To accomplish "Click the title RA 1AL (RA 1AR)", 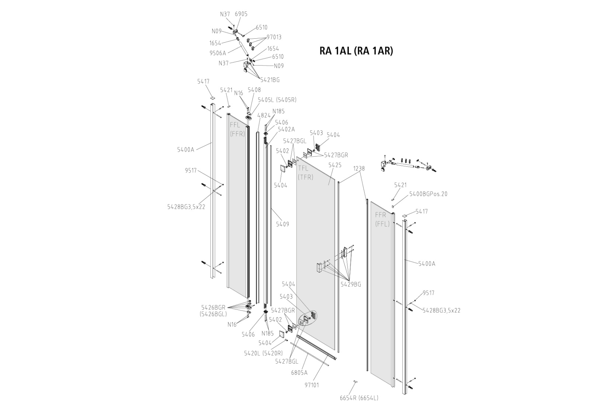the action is pos(356,51).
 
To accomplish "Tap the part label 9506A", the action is pos(218,53).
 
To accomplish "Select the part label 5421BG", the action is pos(270,80).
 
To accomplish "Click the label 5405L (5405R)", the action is pos(277,100).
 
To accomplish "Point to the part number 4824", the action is pos(264,115).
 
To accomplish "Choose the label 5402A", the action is pos(286,129).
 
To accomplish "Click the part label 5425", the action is pos(335,165).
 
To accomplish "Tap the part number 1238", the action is pos(359,168).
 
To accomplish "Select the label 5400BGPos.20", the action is pos(428,194).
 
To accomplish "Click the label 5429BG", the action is pos(351,284).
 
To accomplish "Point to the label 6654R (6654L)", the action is pos(359,398).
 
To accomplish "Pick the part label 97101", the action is pos(312,385).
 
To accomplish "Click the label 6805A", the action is pos(299,373).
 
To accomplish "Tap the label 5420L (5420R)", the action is pos(263,353).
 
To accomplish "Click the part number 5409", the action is pos(282,224).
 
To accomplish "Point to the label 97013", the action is pos(274,37).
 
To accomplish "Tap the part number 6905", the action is pos(241,14).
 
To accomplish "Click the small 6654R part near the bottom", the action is pos(355,381).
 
